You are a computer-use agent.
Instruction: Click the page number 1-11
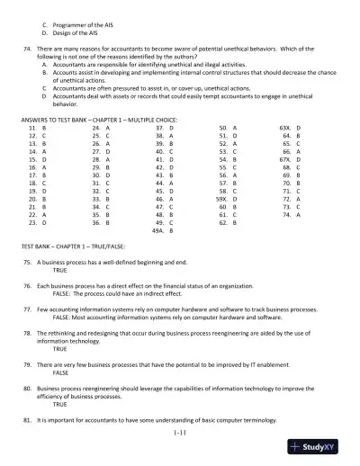179,435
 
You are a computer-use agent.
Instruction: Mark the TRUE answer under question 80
59,405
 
